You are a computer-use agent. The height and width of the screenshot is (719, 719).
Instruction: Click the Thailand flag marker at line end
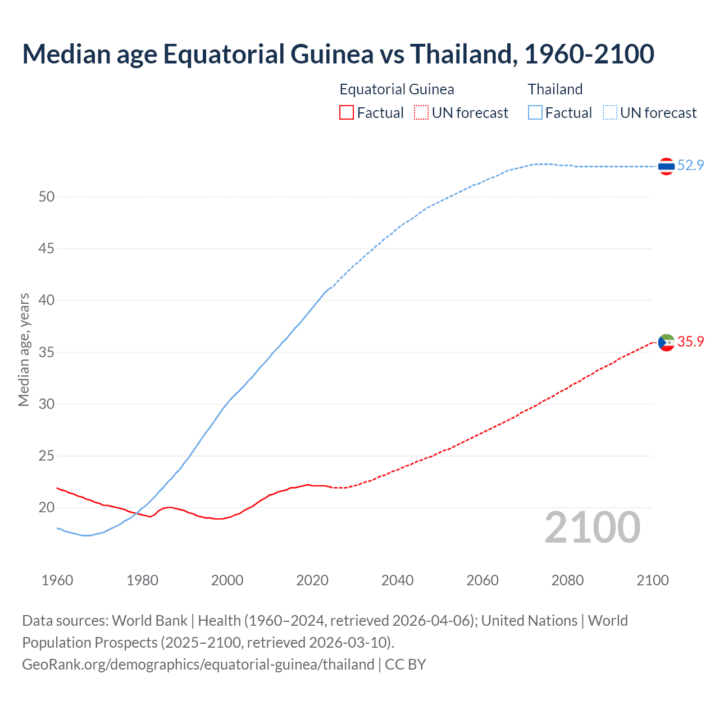(666, 166)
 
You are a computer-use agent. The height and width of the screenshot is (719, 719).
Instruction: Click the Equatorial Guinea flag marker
(666, 342)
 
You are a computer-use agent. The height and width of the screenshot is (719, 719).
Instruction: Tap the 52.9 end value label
(690, 165)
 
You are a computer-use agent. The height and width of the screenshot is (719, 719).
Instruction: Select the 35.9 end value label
(690, 342)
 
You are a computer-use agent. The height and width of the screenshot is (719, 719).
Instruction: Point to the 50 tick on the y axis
(47, 197)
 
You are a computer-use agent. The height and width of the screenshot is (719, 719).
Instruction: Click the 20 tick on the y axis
(47, 507)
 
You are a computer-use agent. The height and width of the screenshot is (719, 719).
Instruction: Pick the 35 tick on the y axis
(47, 352)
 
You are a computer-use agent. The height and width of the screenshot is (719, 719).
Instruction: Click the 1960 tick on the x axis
(57, 580)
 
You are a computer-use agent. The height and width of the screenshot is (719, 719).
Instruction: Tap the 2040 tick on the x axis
(397, 580)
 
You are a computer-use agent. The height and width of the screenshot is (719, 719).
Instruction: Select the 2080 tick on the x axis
(567, 580)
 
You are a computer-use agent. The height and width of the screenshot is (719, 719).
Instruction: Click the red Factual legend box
(347, 113)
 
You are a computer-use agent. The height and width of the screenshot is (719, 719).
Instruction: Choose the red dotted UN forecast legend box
(421, 113)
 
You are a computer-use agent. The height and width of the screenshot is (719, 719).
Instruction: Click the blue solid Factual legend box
(535, 113)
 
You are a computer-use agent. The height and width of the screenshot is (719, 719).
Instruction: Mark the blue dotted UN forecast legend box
(610, 113)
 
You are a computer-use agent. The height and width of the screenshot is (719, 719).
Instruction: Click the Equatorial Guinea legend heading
(397, 89)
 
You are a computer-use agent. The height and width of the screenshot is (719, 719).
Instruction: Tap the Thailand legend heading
(555, 89)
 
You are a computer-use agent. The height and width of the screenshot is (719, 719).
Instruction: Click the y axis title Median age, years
(24, 349)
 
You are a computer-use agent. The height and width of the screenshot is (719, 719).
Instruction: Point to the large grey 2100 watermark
(592, 527)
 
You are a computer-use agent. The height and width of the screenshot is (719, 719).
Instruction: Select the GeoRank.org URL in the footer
(198, 665)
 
